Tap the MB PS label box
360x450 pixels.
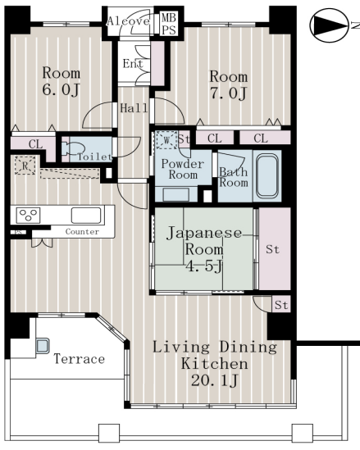[x=168, y=24]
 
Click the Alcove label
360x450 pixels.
[x=128, y=21]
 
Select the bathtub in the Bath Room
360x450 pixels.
[x=267, y=176]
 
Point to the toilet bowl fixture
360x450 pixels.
[x=73, y=149]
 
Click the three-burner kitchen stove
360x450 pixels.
[x=28, y=216]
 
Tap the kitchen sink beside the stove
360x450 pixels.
[x=86, y=216]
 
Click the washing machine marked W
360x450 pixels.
[x=166, y=140]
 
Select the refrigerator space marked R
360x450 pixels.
[x=25, y=166]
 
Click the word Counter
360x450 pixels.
[x=82, y=232]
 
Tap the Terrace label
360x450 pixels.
[x=80, y=359]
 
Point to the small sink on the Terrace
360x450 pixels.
[x=43, y=346]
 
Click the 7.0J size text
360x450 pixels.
[x=228, y=93]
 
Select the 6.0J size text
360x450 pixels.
[x=61, y=90]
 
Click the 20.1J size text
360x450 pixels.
[x=215, y=381]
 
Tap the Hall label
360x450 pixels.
[x=134, y=108]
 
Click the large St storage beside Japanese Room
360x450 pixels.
[x=275, y=248]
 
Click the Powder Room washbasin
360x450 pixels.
[x=176, y=194]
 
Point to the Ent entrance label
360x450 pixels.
[x=133, y=63]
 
